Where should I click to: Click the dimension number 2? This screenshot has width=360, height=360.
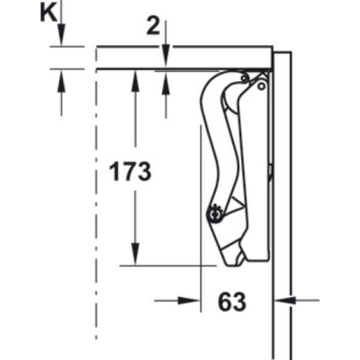[x=153, y=28]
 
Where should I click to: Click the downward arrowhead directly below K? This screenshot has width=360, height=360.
[x=61, y=35]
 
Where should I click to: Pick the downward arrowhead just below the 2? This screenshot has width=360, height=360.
[x=166, y=56]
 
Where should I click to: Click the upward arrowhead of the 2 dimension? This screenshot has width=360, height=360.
[x=166, y=82]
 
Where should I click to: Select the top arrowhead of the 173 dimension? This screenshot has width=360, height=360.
[x=136, y=80]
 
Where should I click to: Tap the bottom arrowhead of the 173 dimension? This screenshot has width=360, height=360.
[x=136, y=255]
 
